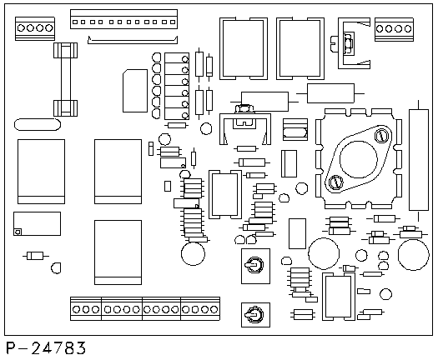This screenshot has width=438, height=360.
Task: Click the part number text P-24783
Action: click(x=46, y=348)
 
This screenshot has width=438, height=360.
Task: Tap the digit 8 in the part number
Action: click(x=69, y=348)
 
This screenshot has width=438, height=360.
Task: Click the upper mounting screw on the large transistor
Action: click(x=380, y=136)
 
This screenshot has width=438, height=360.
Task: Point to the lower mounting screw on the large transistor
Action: click(x=335, y=182)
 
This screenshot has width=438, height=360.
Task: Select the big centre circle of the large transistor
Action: click(x=359, y=159)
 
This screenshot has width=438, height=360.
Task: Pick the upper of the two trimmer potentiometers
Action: click(x=255, y=266)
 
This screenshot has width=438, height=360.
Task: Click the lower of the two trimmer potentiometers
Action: click(x=255, y=315)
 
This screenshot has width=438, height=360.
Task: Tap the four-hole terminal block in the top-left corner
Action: click(x=35, y=28)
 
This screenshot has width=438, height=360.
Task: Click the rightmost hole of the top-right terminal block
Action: click(x=408, y=28)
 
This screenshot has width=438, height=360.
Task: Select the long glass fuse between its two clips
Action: click(x=66, y=79)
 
